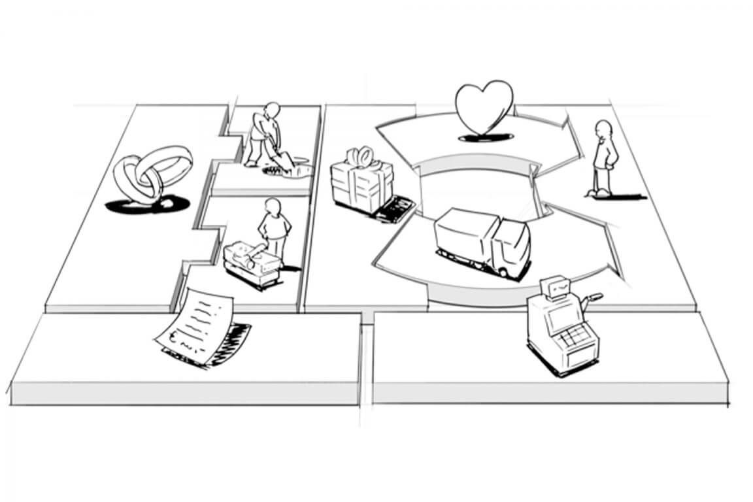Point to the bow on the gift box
point(360,157)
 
